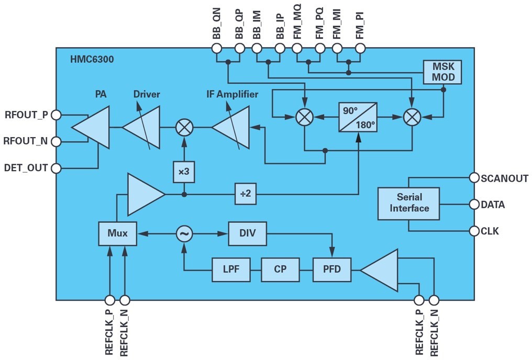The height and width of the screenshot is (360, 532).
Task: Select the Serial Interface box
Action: [x=408, y=203]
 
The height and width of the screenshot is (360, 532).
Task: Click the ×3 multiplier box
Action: [x=184, y=172]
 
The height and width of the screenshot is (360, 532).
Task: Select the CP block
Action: [x=280, y=269]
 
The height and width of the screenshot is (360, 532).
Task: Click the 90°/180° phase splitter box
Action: [x=358, y=117]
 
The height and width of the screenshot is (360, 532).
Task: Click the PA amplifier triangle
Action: [x=94, y=127]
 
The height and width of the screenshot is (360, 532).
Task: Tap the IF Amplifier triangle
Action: [x=232, y=127]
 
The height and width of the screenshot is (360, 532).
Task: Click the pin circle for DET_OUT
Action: [x=56, y=168]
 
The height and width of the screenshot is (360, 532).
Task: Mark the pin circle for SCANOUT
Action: [x=474, y=177]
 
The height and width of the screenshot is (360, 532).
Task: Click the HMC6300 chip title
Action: [x=92, y=60]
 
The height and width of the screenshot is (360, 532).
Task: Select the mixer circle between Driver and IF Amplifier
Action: [x=184, y=127]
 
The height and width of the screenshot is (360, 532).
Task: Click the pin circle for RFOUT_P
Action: [x=56, y=114]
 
